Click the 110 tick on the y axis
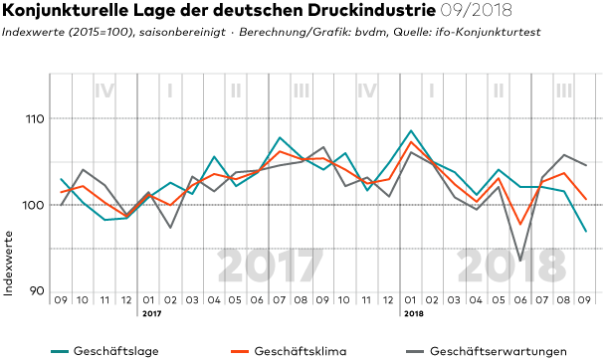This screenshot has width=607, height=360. click(x=35, y=119)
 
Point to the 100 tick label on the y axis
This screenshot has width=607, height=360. click(x=35, y=205)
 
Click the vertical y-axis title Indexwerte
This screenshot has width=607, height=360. click(x=8, y=264)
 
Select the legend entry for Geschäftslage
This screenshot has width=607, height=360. click(x=104, y=351)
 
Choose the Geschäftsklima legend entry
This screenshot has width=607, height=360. click(x=289, y=351)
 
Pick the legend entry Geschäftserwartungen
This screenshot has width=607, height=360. click(x=487, y=351)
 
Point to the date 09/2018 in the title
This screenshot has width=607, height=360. click(x=477, y=10)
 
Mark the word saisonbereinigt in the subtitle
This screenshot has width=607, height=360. click(x=183, y=32)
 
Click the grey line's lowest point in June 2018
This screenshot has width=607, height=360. click(x=520, y=261)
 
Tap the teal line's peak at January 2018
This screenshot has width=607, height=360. click(x=411, y=130)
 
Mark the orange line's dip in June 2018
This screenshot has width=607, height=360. click(x=520, y=225)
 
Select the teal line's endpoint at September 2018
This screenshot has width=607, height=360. click(x=586, y=232)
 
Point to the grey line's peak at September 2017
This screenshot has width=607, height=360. click(x=323, y=147)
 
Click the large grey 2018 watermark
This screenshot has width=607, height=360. click(x=511, y=267)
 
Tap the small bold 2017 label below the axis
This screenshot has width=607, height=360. click(x=151, y=313)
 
